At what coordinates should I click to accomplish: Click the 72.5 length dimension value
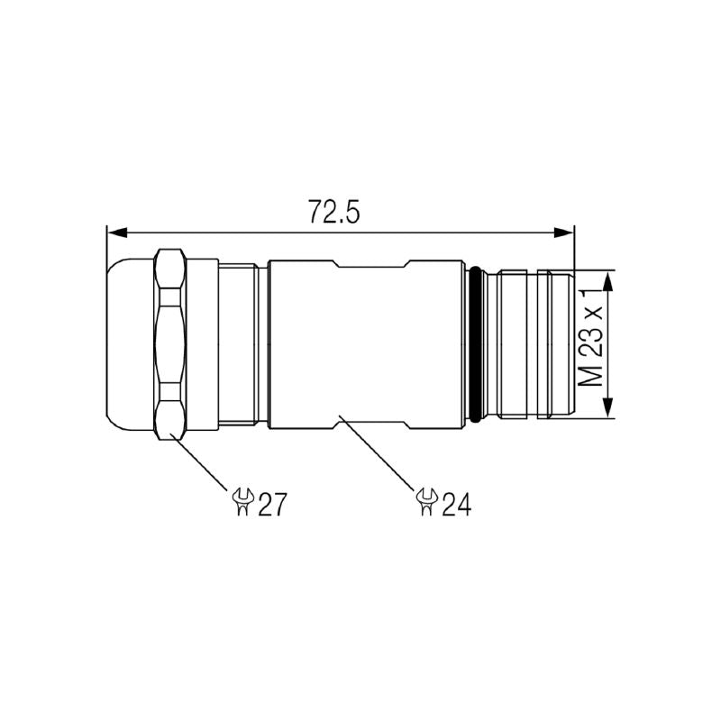click(334, 213)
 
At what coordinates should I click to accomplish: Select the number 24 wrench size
click(454, 503)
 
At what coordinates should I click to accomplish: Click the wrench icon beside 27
click(242, 502)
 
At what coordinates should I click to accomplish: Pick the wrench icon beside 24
click(425, 501)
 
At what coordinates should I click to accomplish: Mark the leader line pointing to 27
click(200, 464)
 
